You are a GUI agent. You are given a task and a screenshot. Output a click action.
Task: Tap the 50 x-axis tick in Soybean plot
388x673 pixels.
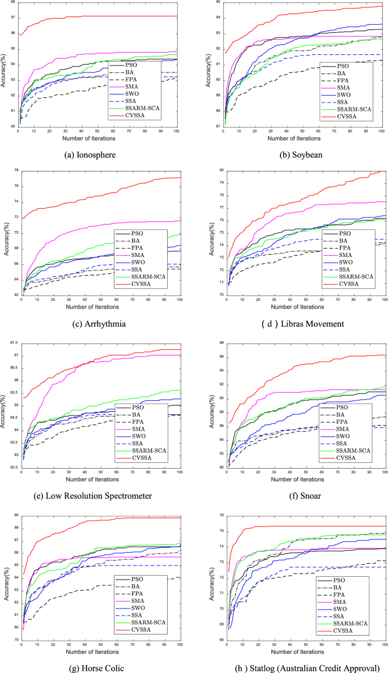(x=302, y=131)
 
